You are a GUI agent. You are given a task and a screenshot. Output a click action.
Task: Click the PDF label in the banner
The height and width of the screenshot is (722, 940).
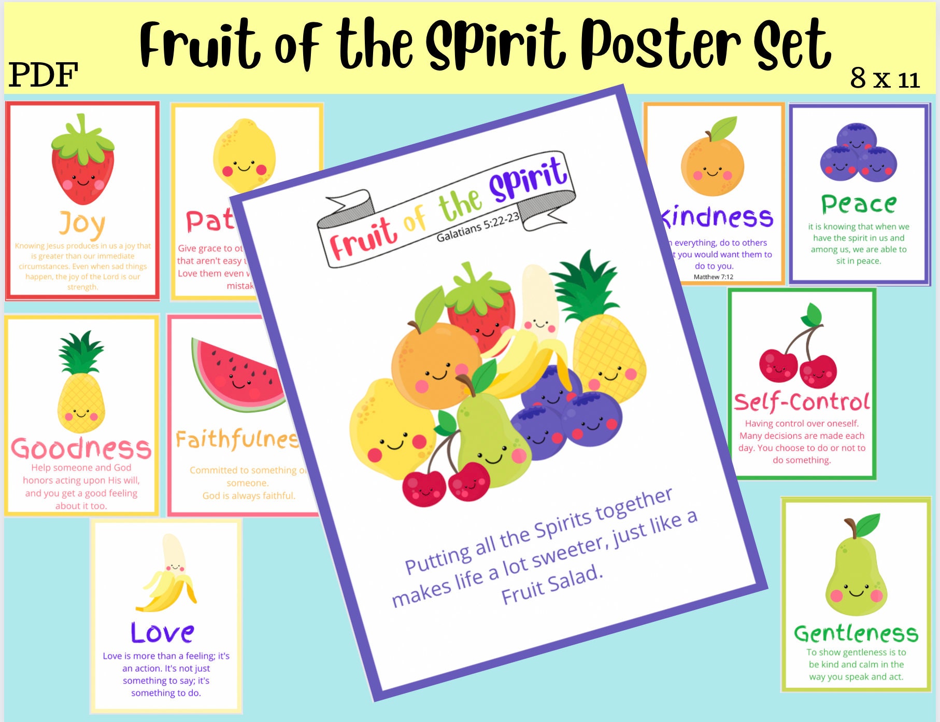point(44,75)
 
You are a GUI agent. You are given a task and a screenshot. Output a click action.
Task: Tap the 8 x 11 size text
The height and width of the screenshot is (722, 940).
point(885,79)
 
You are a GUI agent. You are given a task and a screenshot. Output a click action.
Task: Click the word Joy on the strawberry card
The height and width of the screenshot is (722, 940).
point(82,224)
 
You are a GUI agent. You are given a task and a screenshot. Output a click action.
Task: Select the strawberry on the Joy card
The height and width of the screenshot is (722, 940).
point(82,163)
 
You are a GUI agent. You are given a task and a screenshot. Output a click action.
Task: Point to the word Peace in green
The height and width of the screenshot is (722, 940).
point(858,204)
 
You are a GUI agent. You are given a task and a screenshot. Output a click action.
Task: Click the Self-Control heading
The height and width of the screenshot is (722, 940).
point(802,402)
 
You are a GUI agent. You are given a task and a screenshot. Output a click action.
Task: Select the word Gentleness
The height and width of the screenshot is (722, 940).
point(856,633)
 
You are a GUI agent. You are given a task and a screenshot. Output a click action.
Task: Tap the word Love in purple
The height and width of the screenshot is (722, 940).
point(162,632)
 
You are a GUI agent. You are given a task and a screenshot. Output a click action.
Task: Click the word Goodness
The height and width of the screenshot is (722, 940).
point(81,448)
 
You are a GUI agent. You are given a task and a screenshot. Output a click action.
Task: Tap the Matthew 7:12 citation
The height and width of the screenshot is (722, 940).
point(714,277)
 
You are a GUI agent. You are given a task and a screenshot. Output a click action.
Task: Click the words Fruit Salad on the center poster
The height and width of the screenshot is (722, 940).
point(552,585)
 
